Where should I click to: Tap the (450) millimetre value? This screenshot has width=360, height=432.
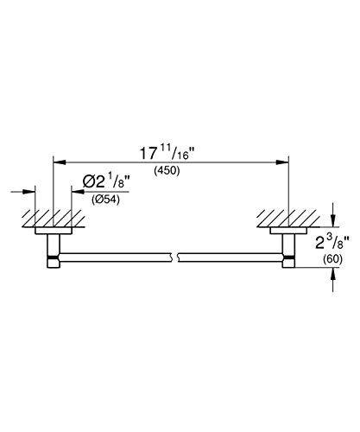[167, 170]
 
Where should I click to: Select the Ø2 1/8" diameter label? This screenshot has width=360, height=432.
[106, 182]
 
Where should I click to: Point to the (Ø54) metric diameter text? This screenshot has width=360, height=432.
[105, 200]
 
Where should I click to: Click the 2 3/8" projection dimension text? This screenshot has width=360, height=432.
[332, 243]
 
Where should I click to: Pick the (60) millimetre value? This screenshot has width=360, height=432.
[333, 259]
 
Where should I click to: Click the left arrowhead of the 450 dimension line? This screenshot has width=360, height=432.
[60, 162]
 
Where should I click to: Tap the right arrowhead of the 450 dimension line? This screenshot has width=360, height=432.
[282, 162]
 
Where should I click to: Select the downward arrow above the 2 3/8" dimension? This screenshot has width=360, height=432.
[333, 215]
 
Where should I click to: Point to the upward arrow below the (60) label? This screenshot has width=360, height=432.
[333, 280]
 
